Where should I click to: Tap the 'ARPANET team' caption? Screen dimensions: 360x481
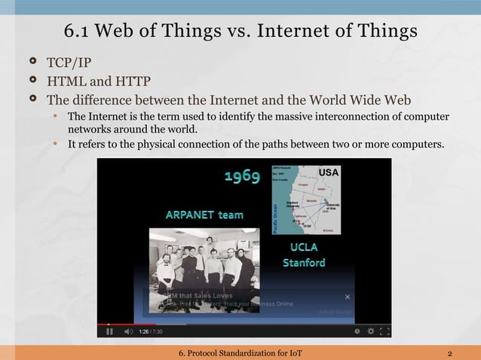point(204,215)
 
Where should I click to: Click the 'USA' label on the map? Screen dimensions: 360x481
point(329,172)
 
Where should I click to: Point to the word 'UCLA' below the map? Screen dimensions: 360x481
point(304,247)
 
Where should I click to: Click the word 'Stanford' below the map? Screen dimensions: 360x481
point(304,263)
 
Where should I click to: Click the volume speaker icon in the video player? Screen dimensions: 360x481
point(128,331)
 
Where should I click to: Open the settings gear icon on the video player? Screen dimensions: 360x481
point(369,331)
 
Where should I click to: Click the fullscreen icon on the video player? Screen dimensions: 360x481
point(384,331)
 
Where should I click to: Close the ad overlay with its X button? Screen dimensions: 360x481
point(348,297)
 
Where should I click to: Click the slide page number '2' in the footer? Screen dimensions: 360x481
point(449,353)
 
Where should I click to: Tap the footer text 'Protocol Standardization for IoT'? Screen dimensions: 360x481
point(247,353)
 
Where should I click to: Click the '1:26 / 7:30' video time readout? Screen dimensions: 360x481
point(151,331)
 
